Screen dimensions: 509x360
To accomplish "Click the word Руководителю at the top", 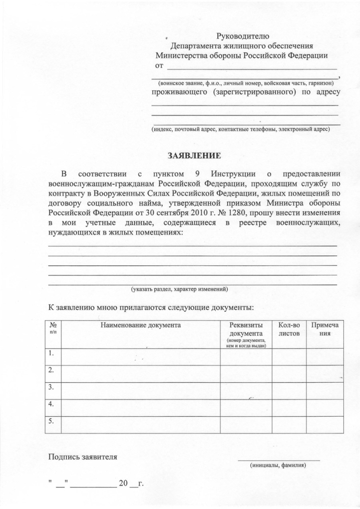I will (243, 35).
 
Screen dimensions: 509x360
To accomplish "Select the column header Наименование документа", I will (140, 325).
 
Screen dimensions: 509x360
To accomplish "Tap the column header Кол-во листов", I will (289, 329).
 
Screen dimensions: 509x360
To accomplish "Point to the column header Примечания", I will (325, 329).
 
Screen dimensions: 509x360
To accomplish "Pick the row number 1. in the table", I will (51, 354).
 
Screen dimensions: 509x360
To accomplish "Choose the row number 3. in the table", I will (51, 387).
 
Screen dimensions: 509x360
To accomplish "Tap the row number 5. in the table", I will (51, 421).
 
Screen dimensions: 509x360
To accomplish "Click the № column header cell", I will (52, 328).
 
